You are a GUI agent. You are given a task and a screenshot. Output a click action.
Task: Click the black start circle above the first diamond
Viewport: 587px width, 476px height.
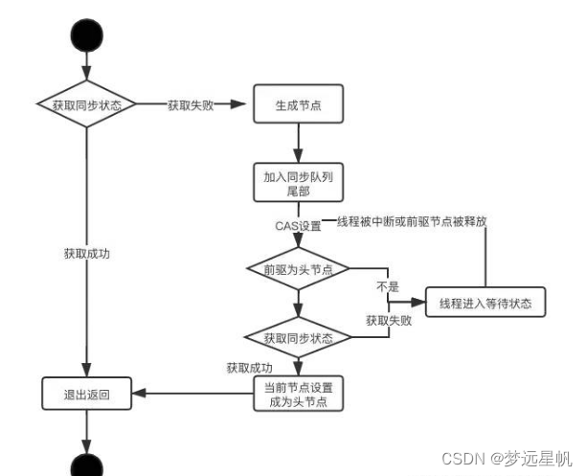click(87, 35)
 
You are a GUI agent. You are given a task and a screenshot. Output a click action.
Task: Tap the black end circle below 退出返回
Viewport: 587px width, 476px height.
click(87, 465)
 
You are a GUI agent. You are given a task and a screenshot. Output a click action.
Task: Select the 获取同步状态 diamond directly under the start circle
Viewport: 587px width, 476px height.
click(86, 104)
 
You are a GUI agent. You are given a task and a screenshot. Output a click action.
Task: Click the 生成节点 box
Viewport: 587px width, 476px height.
click(298, 105)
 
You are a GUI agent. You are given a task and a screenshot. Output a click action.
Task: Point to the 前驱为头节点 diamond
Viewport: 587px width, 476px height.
click(298, 270)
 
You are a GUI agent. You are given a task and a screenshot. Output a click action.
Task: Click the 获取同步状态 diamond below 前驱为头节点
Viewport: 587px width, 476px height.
click(298, 338)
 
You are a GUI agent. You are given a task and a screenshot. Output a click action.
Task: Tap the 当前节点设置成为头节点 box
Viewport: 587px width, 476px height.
click(298, 395)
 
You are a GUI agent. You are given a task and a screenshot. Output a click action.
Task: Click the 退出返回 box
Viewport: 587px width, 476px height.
click(87, 394)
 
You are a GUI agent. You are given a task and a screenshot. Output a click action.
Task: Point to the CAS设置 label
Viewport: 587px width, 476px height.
click(298, 226)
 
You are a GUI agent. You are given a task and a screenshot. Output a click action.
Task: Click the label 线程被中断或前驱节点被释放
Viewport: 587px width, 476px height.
click(412, 221)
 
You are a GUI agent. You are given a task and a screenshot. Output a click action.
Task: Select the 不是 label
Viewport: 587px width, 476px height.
click(386, 285)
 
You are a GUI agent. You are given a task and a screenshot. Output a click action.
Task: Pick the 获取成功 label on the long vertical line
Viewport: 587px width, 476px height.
click(87, 255)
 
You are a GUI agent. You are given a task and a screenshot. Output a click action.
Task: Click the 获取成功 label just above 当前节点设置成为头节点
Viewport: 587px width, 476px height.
click(250, 366)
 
